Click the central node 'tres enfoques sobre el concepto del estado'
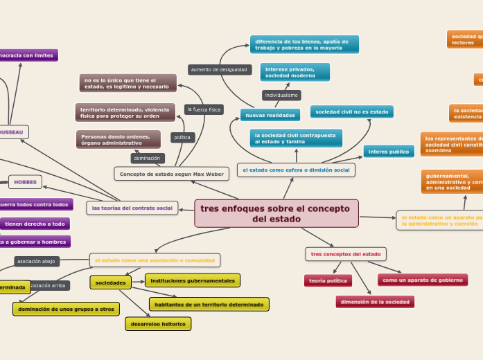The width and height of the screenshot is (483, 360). click(x=276, y=213)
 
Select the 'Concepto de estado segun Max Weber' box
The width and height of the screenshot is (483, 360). click(x=171, y=174)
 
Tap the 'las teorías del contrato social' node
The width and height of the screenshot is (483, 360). click(x=132, y=208)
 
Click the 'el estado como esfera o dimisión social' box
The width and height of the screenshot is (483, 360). click(x=296, y=170)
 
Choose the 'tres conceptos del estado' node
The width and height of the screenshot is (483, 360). click(x=345, y=254)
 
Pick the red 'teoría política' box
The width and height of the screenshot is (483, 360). click(x=328, y=280)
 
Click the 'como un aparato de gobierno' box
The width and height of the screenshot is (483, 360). click(x=422, y=280)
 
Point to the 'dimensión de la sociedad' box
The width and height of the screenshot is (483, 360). click(x=375, y=302)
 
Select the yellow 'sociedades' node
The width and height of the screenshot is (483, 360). click(x=110, y=282)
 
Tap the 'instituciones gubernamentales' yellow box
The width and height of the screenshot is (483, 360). click(x=193, y=280)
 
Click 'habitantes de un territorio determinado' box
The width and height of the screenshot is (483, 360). click(x=209, y=304)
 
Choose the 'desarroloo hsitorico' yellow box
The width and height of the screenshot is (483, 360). click(x=158, y=323)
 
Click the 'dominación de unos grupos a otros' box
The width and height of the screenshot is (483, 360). click(x=66, y=309)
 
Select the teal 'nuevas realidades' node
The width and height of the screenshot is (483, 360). click(x=270, y=114)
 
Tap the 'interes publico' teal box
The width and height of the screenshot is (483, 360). click(x=388, y=151)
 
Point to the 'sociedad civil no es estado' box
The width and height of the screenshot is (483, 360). click(x=351, y=111)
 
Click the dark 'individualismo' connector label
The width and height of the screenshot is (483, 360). click(x=281, y=95)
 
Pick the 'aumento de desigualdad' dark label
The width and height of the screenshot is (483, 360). click(x=219, y=70)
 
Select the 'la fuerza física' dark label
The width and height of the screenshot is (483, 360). click(x=204, y=109)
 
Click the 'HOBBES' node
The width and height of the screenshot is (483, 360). click(x=25, y=182)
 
